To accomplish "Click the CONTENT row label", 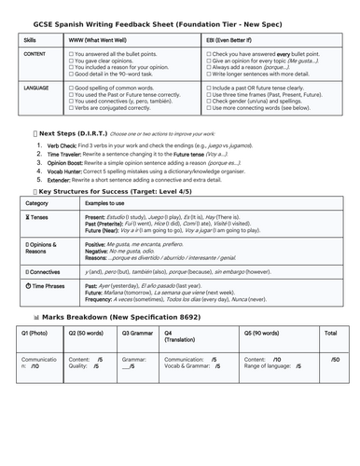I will (x=35, y=55).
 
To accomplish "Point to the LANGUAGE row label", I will (x=36, y=87).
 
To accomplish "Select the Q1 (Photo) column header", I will (x=35, y=333).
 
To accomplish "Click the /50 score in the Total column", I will (x=335, y=359).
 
